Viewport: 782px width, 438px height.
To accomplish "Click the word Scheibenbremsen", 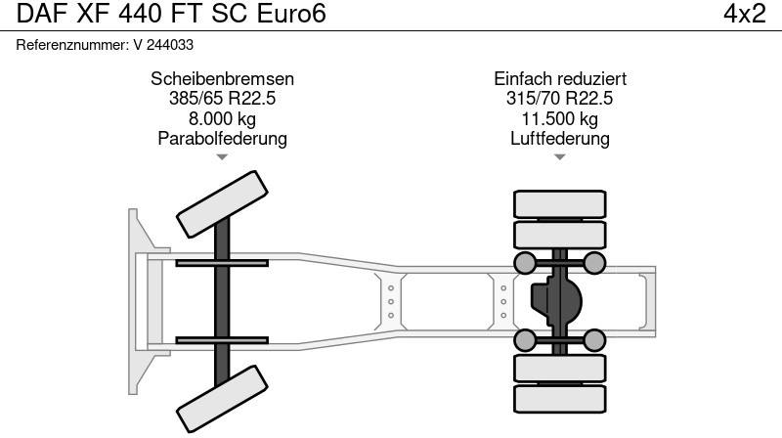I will click(223, 79).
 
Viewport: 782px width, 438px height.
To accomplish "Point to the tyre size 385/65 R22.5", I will click(223, 99).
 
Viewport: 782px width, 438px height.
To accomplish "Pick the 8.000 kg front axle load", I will click(223, 118).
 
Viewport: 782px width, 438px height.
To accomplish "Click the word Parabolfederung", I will click(223, 138).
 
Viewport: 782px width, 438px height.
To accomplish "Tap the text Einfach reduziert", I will click(560, 79).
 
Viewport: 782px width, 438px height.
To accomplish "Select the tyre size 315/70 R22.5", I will click(560, 99).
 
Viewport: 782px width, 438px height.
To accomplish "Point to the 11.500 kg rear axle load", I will click(560, 118).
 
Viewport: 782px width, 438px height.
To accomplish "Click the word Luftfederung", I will click(560, 138).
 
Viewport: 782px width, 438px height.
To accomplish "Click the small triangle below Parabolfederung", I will click(223, 156).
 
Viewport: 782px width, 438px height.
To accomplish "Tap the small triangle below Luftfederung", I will click(560, 156).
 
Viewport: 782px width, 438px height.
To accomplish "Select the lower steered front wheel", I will click(222, 395).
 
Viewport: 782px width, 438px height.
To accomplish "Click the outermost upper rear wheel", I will click(560, 203).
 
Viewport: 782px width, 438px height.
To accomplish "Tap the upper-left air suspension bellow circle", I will click(525, 262).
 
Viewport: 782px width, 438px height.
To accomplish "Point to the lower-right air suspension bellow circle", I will click(595, 340).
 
